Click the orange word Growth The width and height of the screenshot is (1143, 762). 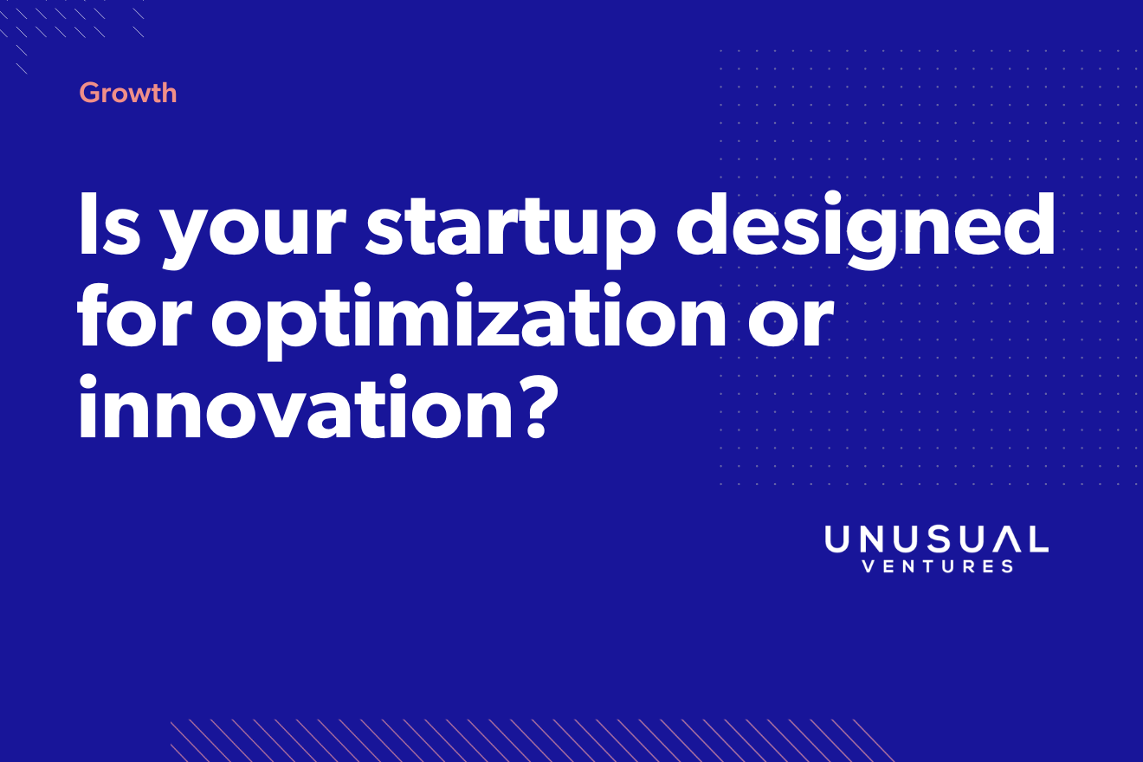(x=128, y=93)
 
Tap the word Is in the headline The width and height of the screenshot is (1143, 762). (x=109, y=223)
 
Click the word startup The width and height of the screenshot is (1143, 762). (x=511, y=230)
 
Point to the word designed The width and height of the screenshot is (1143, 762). (x=865, y=229)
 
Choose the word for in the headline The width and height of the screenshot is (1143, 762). (x=135, y=316)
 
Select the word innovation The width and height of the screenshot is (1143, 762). (x=294, y=406)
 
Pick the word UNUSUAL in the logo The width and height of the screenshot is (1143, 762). (x=937, y=539)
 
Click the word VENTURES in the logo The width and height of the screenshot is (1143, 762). (x=938, y=566)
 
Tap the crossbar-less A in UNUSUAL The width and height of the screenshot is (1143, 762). (x=1006, y=539)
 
